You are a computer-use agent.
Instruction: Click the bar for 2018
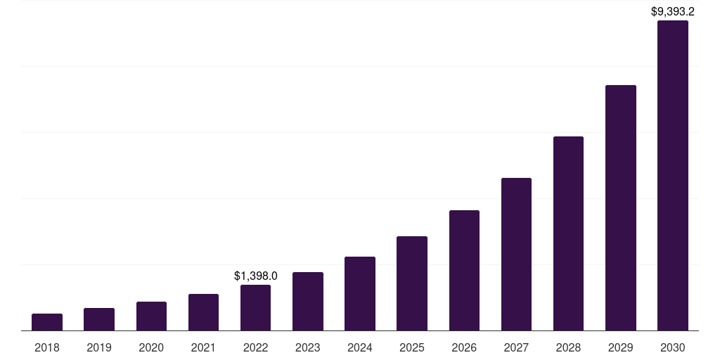click(x=47, y=322)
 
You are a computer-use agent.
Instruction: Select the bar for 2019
click(x=99, y=319)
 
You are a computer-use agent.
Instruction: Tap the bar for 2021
click(x=203, y=312)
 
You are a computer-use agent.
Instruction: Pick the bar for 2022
click(x=255, y=307)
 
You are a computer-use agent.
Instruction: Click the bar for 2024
click(x=360, y=293)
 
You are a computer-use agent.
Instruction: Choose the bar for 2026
click(x=464, y=270)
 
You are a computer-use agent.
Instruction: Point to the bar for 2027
click(x=516, y=254)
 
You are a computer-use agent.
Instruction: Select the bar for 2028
click(x=568, y=233)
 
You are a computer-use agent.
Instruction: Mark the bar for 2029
click(x=620, y=207)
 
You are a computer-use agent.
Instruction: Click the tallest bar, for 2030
click(x=672, y=175)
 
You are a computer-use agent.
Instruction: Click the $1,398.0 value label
click(x=255, y=276)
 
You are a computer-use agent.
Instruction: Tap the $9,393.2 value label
click(x=672, y=11)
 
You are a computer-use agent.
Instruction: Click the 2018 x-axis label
click(x=47, y=347)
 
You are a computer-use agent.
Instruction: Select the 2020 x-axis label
click(x=151, y=347)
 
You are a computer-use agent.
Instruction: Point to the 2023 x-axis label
click(x=307, y=347)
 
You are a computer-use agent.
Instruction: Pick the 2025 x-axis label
click(x=412, y=347)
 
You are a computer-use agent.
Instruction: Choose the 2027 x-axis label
click(x=516, y=347)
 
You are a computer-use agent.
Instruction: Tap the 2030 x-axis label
click(x=672, y=347)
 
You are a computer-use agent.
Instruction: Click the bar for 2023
click(x=307, y=301)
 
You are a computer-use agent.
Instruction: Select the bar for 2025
click(x=412, y=283)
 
